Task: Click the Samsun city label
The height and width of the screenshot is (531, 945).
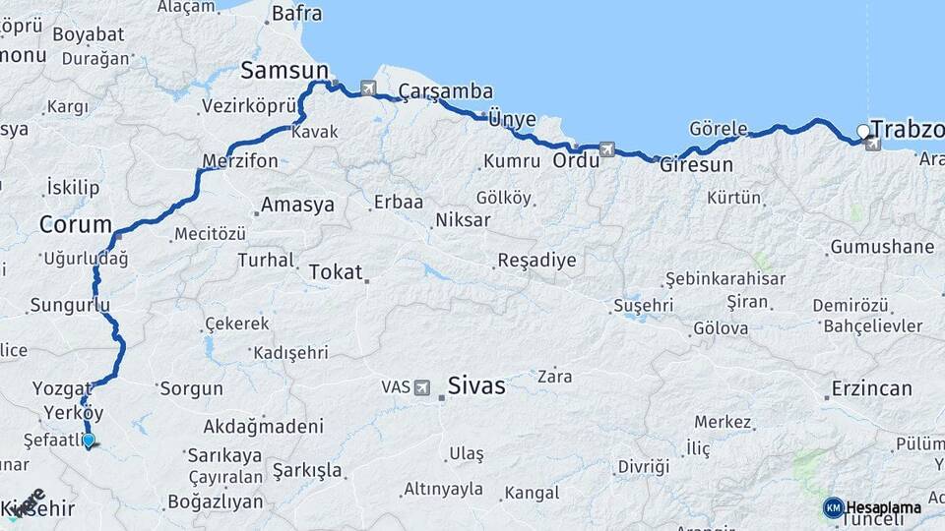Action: [x=284, y=71]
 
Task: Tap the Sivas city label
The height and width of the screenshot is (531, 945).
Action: [x=476, y=385]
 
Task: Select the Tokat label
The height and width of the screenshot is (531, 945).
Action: [x=336, y=272]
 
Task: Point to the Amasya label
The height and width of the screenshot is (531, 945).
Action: [x=296, y=206]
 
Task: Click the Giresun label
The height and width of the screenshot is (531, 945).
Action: [x=697, y=164]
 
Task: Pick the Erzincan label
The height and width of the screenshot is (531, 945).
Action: [x=871, y=388]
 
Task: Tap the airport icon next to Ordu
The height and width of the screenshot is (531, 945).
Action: [x=607, y=149]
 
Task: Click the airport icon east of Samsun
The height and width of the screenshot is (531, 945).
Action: [x=368, y=88]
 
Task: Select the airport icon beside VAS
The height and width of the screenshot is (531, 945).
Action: [x=422, y=387]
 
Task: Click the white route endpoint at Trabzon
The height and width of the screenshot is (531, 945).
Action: [x=863, y=131]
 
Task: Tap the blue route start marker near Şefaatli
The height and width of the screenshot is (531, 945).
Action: [x=89, y=440]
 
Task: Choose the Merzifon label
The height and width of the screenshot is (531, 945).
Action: [x=240, y=160]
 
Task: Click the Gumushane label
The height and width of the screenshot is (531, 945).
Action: [x=882, y=247]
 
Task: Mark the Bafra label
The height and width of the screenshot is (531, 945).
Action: [x=296, y=14]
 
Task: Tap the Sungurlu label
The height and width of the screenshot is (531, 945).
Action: [x=70, y=305]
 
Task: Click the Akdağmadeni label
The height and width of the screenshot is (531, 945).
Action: [x=263, y=427]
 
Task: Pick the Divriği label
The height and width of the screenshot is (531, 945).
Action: [x=644, y=466]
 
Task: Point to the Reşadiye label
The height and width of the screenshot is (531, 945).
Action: [x=536, y=261]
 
